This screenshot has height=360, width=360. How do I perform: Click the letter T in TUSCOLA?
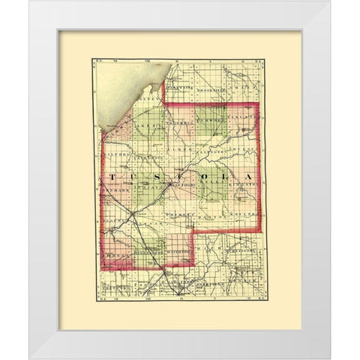(x=112, y=177)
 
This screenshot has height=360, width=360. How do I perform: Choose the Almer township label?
(x=177, y=150)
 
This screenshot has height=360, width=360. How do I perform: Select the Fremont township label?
(x=182, y=215)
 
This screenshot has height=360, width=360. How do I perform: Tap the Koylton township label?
(x=243, y=214)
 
